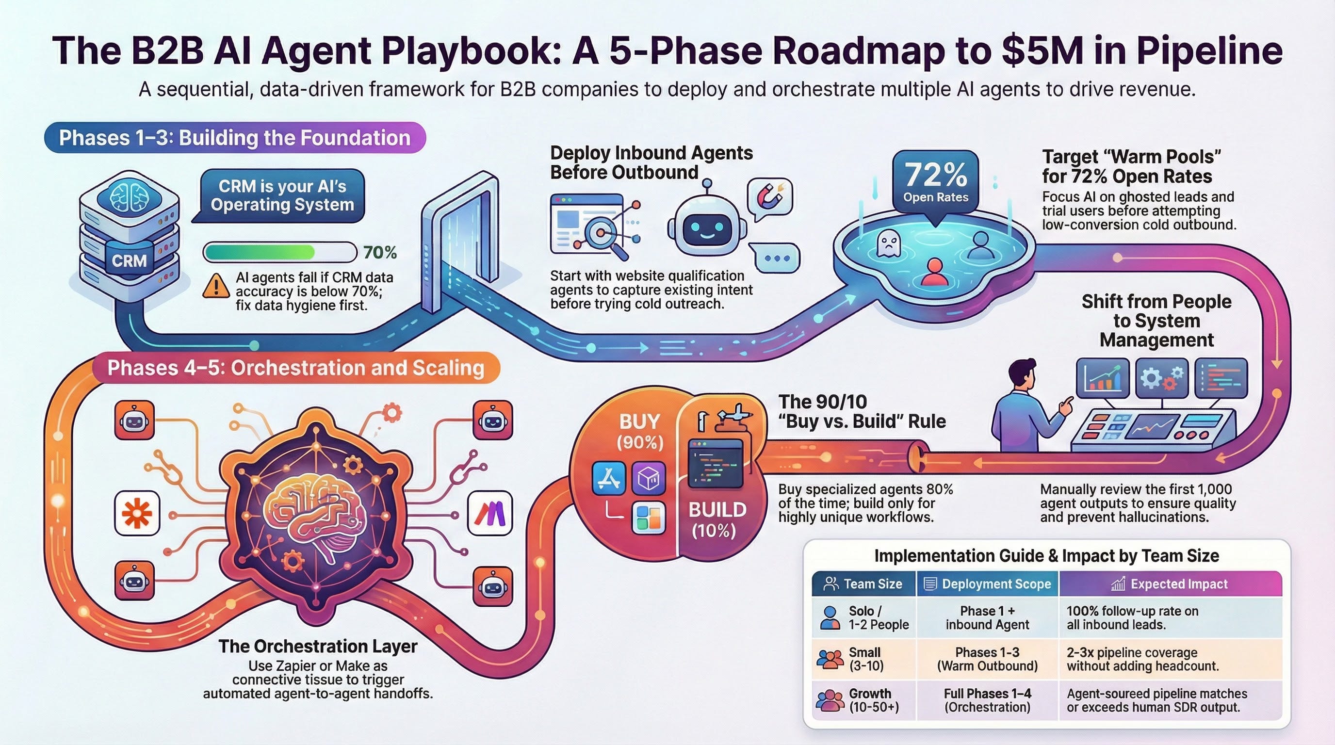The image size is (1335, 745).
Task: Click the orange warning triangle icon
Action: (x=215, y=286)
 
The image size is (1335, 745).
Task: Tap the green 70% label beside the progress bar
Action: (x=380, y=252)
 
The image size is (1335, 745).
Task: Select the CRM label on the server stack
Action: (x=129, y=260)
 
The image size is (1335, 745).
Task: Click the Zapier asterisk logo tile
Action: (x=137, y=513)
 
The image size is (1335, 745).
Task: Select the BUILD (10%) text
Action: (x=716, y=519)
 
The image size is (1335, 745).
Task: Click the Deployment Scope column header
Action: (x=988, y=584)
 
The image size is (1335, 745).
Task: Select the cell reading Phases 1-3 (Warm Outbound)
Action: (x=987, y=659)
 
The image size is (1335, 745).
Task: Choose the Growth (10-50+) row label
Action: (x=874, y=700)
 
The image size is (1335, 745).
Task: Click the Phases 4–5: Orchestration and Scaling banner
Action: (x=295, y=368)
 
